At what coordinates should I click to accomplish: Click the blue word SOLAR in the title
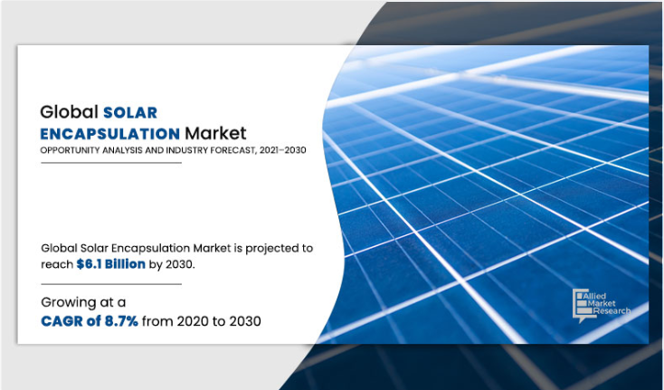pyautogui.click(x=129, y=113)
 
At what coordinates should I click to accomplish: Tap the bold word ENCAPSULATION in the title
pyautogui.click(x=108, y=135)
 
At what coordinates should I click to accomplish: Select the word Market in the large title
pyautogui.click(x=213, y=135)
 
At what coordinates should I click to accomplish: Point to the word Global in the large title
pyautogui.click(x=67, y=113)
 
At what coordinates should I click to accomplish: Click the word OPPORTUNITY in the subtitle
pyautogui.click(x=68, y=151)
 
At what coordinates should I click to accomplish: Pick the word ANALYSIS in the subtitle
pyautogui.click(x=120, y=151)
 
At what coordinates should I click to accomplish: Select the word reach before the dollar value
pyautogui.click(x=58, y=264)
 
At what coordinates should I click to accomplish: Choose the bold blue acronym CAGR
pyautogui.click(x=66, y=322)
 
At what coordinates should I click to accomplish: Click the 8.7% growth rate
pyautogui.click(x=119, y=322)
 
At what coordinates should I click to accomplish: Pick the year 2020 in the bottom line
pyautogui.click(x=194, y=322)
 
